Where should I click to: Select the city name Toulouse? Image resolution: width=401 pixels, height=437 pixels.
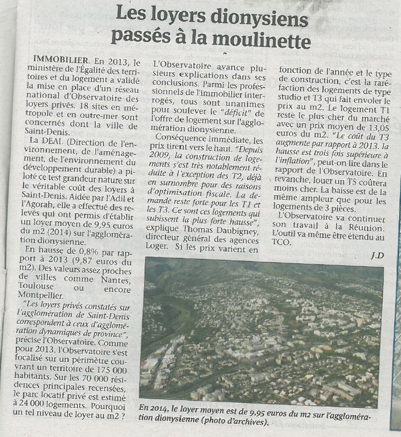pos(42,289)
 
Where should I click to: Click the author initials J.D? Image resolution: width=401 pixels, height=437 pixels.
pos(377,255)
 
